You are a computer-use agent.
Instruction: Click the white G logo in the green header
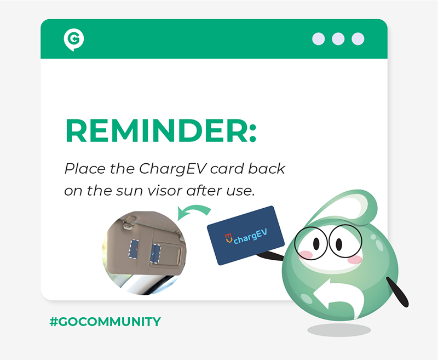(74, 40)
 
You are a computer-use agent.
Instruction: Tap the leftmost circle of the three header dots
(319, 39)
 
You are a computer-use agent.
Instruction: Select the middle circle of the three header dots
(338, 39)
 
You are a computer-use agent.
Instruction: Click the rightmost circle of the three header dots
(358, 39)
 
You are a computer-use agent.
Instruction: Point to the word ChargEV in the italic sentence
(173, 169)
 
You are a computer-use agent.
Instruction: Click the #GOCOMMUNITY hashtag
(105, 322)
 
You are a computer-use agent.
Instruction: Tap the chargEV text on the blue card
(250, 236)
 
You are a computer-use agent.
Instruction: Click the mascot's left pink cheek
(306, 255)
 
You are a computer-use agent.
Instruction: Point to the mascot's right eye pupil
(339, 244)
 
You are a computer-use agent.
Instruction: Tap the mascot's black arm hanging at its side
(397, 292)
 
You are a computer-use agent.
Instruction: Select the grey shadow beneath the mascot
(339, 330)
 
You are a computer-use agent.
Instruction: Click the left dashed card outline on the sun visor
(134, 248)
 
